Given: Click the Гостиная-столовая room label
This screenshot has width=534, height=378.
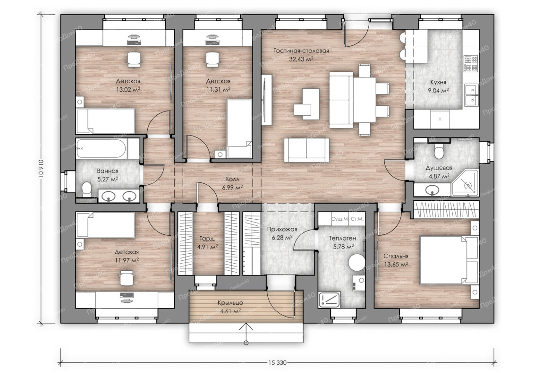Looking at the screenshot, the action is (301, 51).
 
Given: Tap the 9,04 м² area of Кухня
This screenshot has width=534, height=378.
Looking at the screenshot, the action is (438, 91).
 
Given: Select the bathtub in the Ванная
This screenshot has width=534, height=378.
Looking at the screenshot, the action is (101, 149).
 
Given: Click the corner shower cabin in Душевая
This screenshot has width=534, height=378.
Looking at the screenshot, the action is (466, 184).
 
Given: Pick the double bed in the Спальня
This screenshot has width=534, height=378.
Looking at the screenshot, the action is (449, 260).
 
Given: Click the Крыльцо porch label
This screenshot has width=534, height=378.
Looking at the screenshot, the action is (230, 303).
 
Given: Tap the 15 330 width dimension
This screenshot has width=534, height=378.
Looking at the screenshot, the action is (277, 362).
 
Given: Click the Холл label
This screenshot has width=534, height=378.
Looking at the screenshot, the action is (232, 179).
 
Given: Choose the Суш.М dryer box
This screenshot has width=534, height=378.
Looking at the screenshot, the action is (339, 219).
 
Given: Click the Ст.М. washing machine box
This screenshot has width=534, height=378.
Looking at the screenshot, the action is (356, 219).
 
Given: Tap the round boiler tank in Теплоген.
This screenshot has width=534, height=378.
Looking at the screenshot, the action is (357, 262).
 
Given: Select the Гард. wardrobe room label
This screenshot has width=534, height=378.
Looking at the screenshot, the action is (207, 239).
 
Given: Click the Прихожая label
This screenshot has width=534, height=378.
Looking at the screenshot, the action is (282, 229).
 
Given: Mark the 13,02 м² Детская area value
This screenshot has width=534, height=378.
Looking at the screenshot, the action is (128, 90).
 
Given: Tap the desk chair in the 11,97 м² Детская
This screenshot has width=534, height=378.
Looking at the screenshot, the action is (127, 277).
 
